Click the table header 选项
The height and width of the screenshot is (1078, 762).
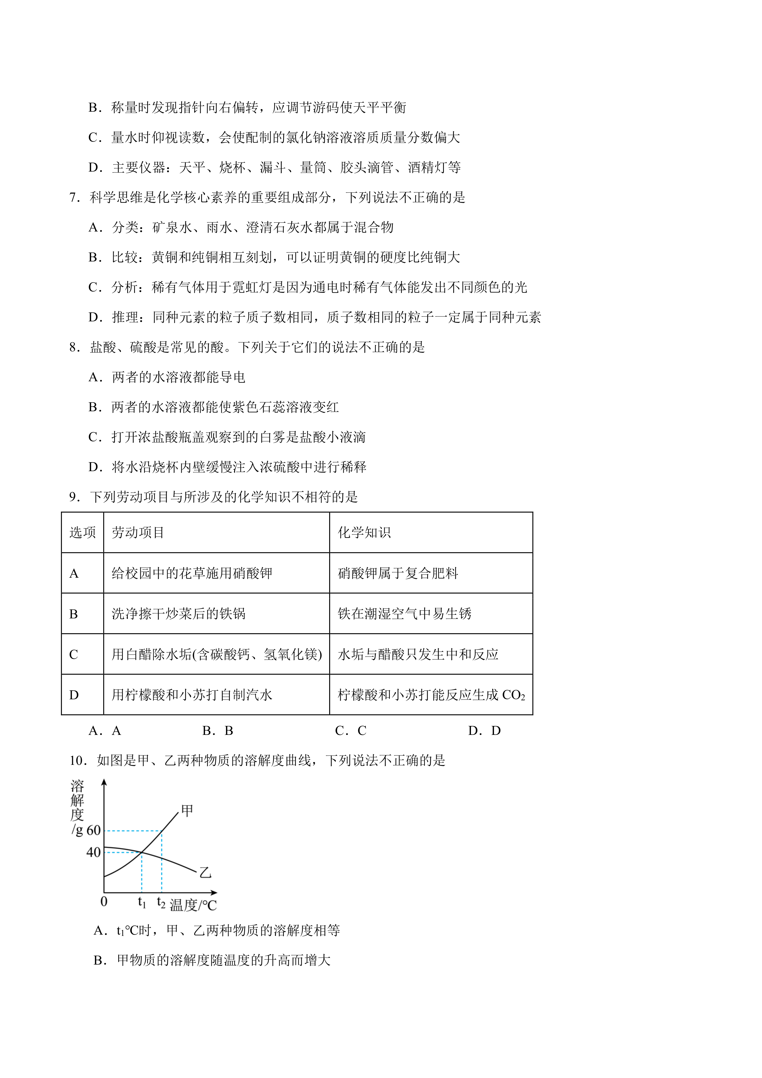83,532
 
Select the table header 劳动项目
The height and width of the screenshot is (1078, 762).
138,532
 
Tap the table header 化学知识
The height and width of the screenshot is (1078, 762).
364,532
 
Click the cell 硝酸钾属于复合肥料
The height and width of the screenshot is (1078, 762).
398,573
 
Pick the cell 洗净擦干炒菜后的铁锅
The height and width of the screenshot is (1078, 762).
178,614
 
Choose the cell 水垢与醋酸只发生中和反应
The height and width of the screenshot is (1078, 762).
417,654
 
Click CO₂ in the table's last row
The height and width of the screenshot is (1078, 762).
513,695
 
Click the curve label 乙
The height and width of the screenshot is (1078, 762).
205,873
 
